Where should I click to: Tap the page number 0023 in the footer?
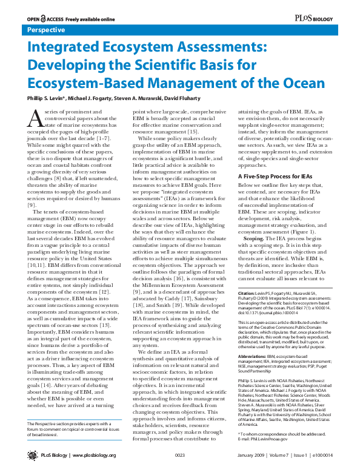(179, 463)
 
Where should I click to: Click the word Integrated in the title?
(65, 47)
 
